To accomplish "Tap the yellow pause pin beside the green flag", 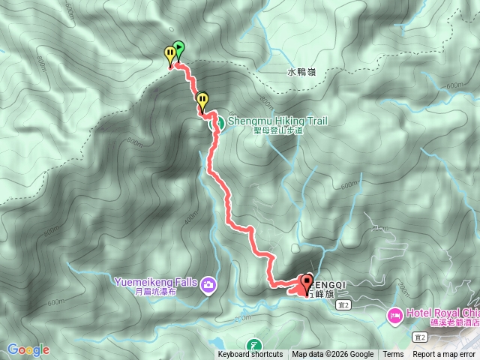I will (170, 55).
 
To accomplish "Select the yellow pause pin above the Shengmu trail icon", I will (202, 99).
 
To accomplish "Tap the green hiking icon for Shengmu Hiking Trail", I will (213, 122).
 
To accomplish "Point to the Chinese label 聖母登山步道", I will (277, 130).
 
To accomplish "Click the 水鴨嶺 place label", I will (301, 73).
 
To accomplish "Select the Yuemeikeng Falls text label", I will (155, 282).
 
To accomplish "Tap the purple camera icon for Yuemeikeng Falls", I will (208, 284).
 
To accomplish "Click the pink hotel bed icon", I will (394, 315).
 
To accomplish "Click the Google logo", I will (28, 349).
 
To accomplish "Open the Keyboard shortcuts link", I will (250, 355).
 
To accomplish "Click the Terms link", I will (393, 355).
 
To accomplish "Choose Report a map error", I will (443, 355).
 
